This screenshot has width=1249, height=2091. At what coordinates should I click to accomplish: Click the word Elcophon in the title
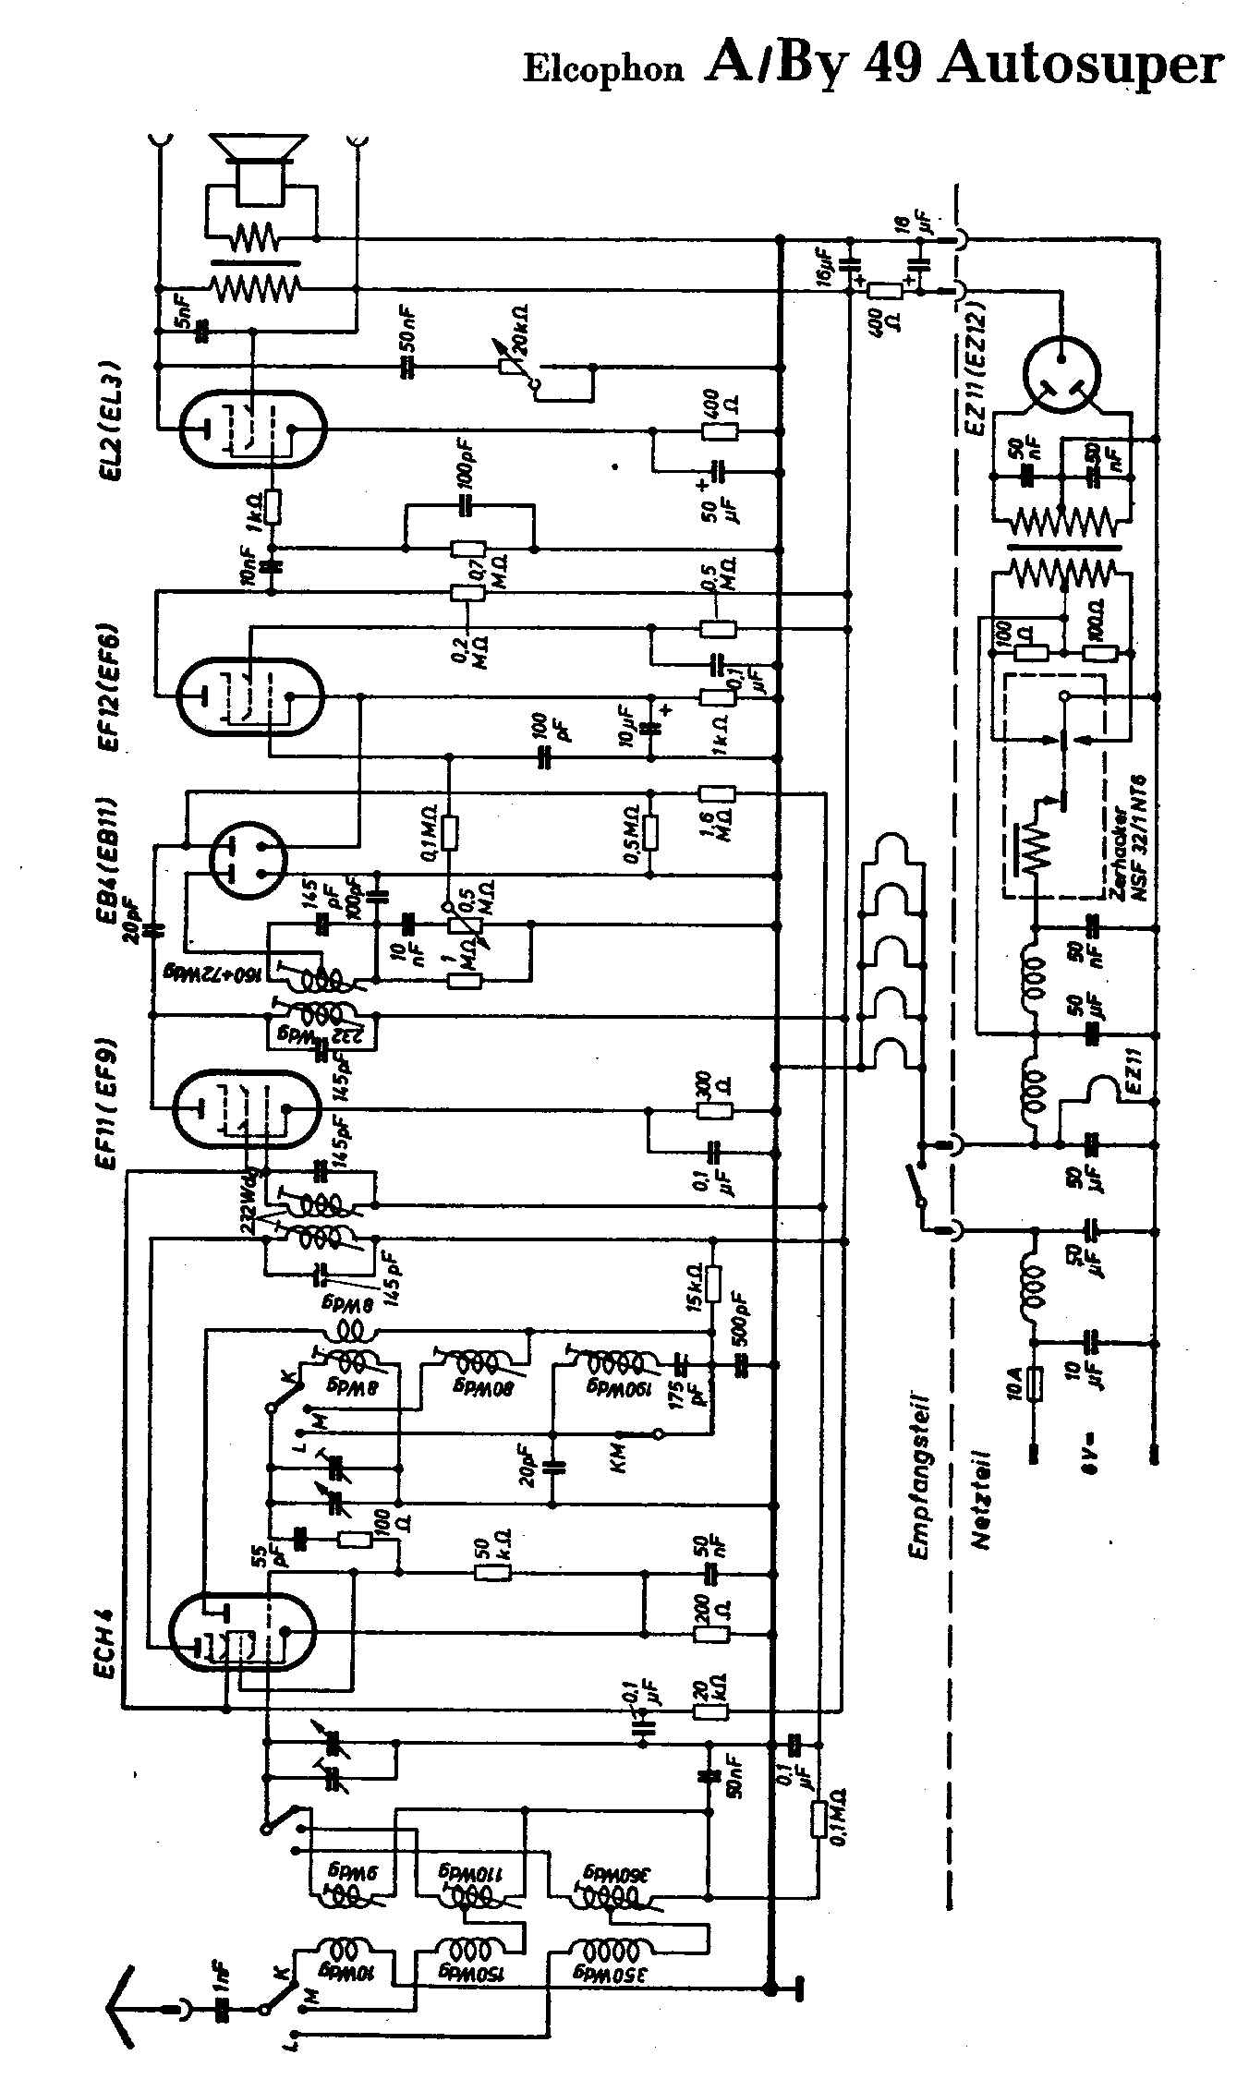[x=604, y=70]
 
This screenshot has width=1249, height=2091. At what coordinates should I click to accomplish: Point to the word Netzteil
[x=982, y=1497]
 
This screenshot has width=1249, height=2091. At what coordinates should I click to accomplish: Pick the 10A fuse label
[x=1015, y=1383]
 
